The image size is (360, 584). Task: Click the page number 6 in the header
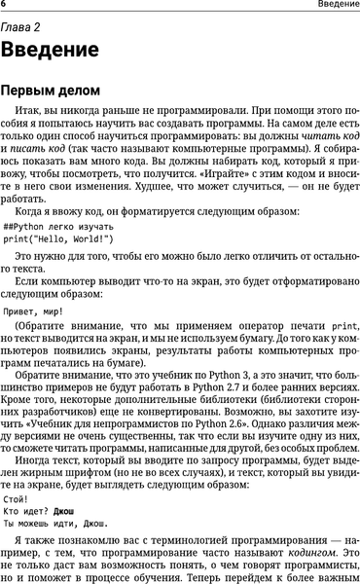[4, 6]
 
